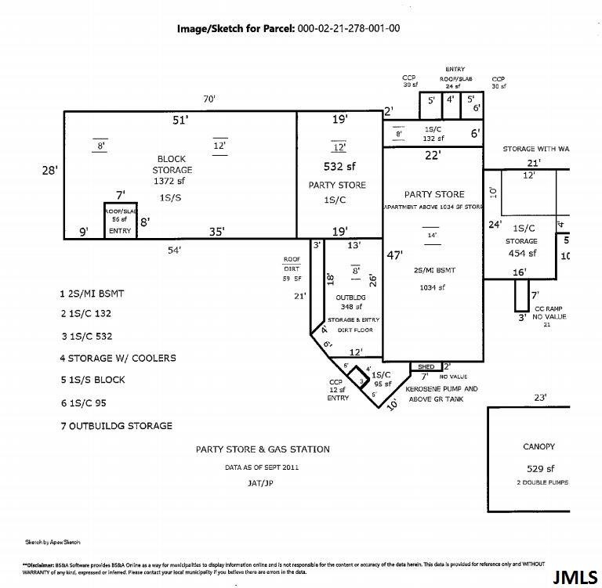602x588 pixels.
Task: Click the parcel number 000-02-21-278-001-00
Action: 349,29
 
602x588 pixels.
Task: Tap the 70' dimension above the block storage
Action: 209,99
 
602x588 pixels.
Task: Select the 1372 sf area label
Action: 172,181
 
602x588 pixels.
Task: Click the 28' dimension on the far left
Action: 49,169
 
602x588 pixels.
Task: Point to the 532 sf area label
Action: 339,166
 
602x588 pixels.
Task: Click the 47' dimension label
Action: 395,254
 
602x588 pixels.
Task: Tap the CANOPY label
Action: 539,446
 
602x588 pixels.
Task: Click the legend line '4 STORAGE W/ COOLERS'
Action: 118,358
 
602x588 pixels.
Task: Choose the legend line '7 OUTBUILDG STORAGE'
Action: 116,426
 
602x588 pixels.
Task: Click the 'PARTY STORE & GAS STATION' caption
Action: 263,449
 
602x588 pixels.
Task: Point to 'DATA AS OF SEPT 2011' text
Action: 262,467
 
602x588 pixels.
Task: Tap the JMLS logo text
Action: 575,577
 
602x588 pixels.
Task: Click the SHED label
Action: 426,366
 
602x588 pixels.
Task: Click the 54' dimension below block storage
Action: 174,250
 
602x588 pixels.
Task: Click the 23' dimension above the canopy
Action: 539,398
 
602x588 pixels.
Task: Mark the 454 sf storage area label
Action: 521,253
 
